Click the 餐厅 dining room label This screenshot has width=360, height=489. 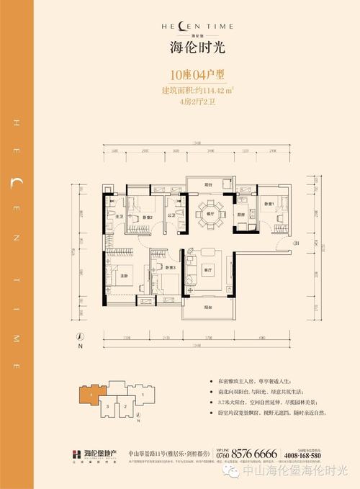pos(211,214)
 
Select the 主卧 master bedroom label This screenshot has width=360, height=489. pos(124,277)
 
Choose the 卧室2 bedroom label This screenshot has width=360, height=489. pos(147,217)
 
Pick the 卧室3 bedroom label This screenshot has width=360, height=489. pos(170,267)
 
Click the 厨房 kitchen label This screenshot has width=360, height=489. pos(243,215)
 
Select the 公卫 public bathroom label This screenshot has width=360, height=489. pos(171,215)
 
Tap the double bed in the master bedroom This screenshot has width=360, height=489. pos(119,277)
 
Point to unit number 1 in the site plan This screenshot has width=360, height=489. pos(143,395)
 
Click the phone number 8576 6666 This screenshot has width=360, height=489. pos(256,453)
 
